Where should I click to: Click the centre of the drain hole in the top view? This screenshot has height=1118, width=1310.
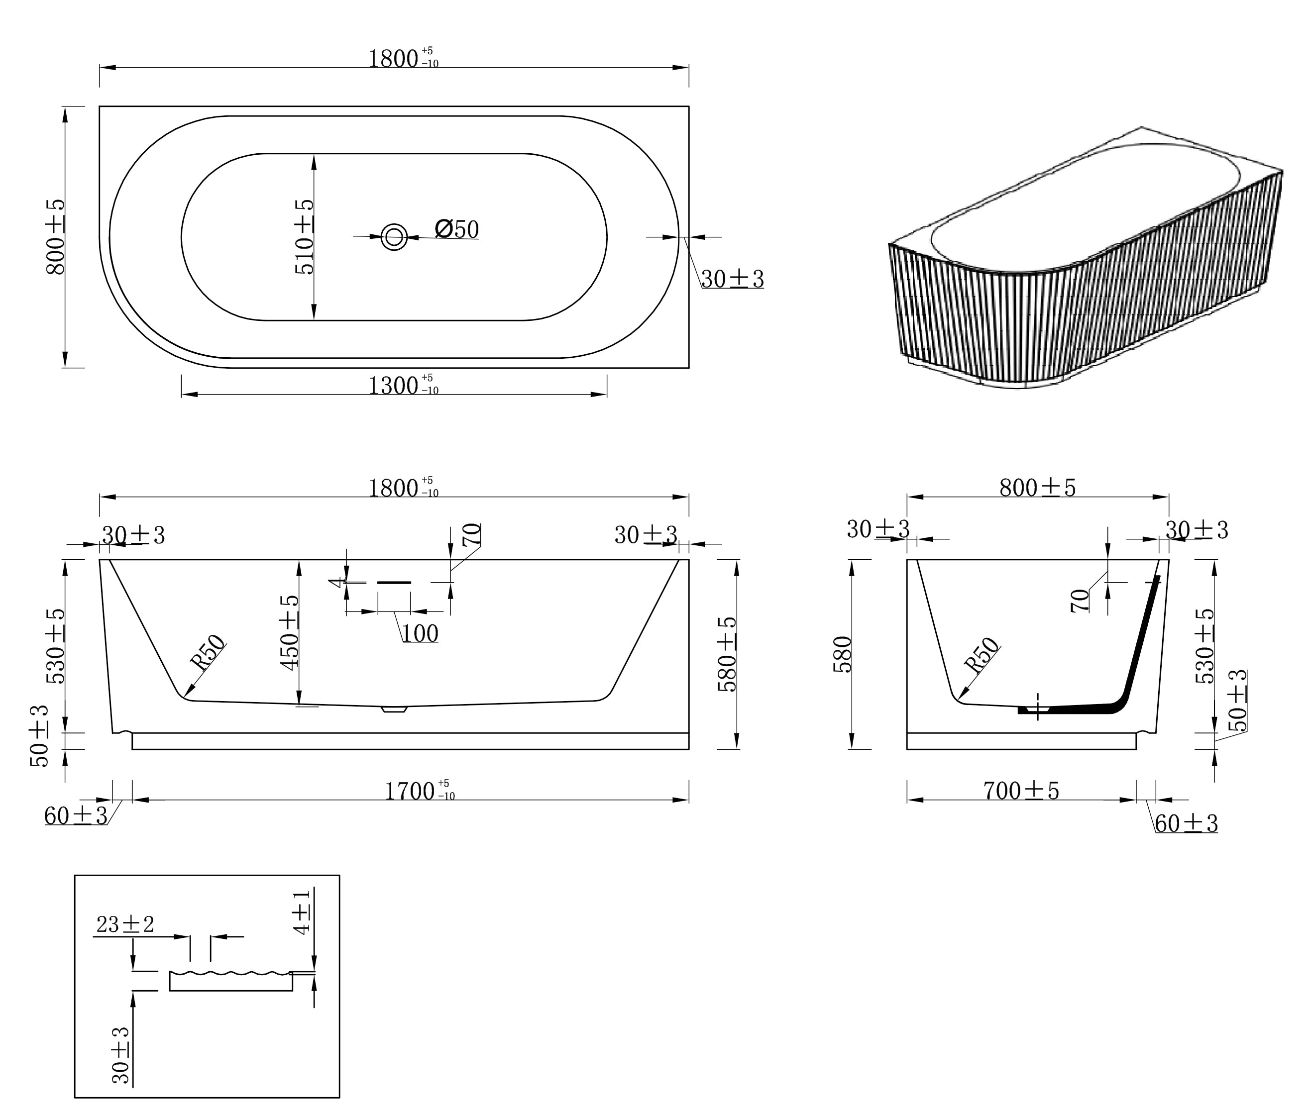[394, 237]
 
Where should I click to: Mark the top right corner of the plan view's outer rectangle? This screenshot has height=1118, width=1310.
[689, 106]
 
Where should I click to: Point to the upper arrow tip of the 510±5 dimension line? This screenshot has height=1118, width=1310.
[314, 154]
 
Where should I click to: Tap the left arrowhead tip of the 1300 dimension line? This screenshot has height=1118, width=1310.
[182, 395]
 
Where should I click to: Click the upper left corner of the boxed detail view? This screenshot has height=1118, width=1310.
[75, 875]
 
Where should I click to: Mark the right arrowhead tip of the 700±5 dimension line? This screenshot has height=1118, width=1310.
[1136, 800]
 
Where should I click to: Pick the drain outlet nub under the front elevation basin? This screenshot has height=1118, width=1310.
[394, 709]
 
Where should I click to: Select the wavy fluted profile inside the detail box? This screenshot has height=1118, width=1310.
[231, 973]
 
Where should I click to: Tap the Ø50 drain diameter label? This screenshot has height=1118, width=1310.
[457, 229]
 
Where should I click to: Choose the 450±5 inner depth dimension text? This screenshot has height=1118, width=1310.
[289, 632]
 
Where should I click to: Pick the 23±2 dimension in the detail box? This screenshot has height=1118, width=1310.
[125, 924]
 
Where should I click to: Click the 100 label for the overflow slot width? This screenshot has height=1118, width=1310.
[420, 633]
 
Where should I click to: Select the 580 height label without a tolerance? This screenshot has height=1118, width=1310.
[843, 654]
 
